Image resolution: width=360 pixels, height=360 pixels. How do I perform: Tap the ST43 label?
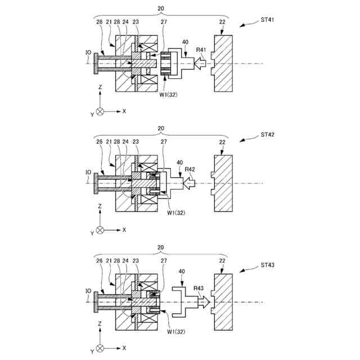pos(267,264)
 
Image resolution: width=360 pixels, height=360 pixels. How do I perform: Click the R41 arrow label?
pos(201,50)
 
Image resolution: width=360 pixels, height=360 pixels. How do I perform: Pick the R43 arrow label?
pos(199,289)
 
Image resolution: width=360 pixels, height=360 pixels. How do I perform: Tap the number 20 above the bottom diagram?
pos(161,247)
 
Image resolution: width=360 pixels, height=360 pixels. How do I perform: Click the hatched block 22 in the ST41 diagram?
pos(223,63)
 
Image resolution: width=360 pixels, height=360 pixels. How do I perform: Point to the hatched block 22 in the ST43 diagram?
pos(223,303)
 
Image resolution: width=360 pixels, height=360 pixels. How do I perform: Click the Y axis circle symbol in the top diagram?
pos(100,111)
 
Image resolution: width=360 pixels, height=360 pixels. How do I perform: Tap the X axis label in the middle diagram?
pos(124,230)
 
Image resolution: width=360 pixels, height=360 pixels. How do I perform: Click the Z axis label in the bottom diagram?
pos(100,325)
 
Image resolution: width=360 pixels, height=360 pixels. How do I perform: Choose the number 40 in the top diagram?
pos(186,42)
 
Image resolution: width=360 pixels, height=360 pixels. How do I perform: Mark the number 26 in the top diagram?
pos(99,22)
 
